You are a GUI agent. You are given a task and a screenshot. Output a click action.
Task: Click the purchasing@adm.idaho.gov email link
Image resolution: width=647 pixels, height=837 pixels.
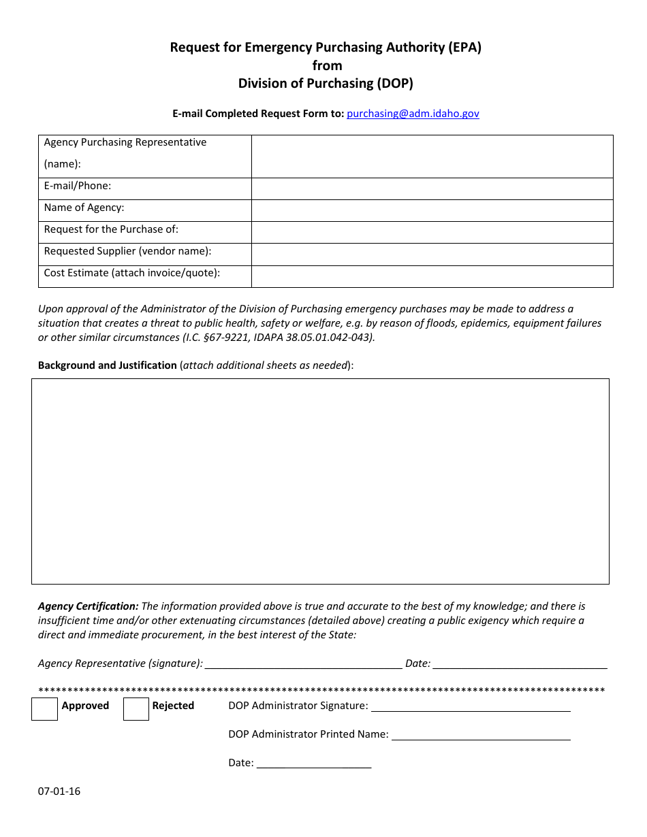click(x=413, y=114)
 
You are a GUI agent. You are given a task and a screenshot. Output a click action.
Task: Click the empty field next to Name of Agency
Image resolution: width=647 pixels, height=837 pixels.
click(x=432, y=210)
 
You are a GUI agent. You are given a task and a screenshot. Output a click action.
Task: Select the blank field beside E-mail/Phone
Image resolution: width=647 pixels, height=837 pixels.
click(x=432, y=188)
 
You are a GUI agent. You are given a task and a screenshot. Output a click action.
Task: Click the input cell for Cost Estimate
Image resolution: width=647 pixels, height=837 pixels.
click(x=432, y=276)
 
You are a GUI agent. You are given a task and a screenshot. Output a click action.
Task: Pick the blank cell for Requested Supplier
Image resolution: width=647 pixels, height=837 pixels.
click(x=432, y=254)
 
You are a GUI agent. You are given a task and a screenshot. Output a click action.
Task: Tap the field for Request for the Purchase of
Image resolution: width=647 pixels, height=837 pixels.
click(x=432, y=232)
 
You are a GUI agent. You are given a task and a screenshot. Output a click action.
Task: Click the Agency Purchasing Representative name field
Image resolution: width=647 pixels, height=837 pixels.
click(x=432, y=157)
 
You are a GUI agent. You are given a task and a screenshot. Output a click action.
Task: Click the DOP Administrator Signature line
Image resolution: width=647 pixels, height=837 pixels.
click(x=470, y=706)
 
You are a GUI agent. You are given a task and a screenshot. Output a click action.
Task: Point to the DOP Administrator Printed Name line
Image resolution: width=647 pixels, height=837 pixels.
click(x=481, y=735)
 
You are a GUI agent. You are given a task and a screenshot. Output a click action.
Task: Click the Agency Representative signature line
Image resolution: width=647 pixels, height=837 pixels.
click(x=303, y=664)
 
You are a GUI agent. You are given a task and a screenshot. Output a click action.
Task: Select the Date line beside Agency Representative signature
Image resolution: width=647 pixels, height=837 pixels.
click(x=520, y=664)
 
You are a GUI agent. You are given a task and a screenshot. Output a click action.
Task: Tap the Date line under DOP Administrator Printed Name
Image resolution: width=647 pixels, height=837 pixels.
click(x=314, y=764)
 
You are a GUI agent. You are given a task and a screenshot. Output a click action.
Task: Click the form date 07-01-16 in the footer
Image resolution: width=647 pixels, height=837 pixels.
click(x=59, y=791)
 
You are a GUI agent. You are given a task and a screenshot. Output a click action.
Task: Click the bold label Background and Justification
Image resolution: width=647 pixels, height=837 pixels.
click(x=108, y=365)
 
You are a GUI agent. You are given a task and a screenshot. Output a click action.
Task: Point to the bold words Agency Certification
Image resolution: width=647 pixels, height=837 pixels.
click(x=88, y=606)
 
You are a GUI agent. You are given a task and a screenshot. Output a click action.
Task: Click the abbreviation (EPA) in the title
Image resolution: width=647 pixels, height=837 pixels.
click(x=464, y=48)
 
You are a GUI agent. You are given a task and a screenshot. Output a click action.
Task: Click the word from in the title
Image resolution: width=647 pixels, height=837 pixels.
click(x=327, y=66)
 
